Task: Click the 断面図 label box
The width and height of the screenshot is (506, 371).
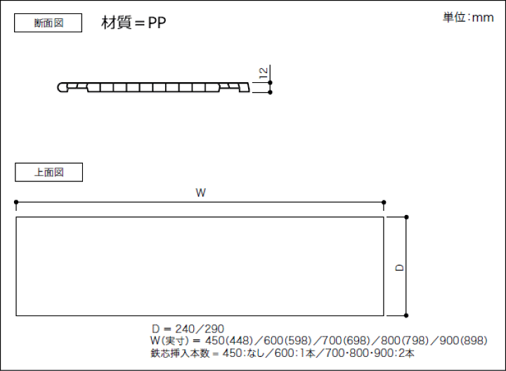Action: (x=48, y=23)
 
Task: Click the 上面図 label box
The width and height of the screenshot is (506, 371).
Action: (x=48, y=172)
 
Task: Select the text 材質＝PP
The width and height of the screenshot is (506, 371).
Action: (x=134, y=22)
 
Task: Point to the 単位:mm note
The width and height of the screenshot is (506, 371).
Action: (x=468, y=18)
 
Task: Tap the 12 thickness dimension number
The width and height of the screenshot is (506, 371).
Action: (x=264, y=72)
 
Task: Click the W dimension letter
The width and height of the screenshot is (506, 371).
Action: (x=200, y=193)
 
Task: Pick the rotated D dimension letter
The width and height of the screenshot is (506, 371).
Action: (x=399, y=268)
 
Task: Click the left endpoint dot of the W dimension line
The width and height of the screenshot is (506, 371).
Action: (x=16, y=202)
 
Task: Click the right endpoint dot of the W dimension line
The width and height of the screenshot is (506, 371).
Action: (x=384, y=202)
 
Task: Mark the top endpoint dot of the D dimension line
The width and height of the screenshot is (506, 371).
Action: (x=406, y=217)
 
